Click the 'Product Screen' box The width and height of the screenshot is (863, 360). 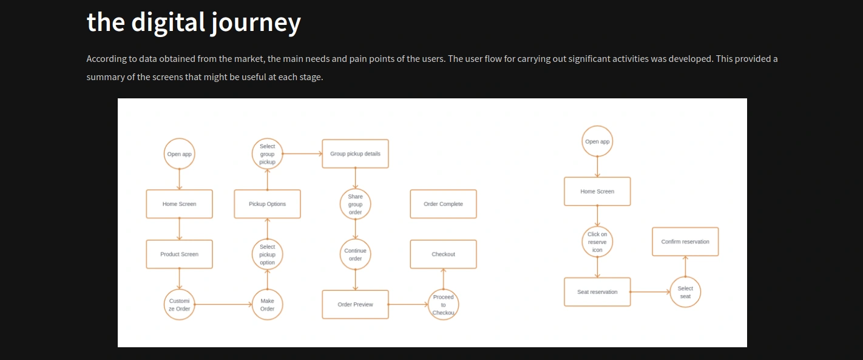[179, 254]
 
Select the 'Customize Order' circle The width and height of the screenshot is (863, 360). [179, 305]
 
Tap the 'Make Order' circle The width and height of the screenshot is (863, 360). [267, 305]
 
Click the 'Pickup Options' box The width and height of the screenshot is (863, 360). [267, 204]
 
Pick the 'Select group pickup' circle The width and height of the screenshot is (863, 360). [267, 154]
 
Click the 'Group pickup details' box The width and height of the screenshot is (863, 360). [355, 154]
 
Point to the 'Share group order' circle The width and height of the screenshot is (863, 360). [355, 204]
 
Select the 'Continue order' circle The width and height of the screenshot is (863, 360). [355, 254]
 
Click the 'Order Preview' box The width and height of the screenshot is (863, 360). [355, 305]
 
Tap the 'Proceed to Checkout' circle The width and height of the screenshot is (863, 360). [443, 305]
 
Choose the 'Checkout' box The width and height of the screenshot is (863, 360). [443, 254]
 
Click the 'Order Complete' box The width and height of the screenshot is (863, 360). [443, 204]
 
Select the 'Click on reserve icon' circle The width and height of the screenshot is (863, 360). [597, 242]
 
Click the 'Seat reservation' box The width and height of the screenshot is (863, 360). [597, 292]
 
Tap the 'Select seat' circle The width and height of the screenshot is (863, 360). [685, 292]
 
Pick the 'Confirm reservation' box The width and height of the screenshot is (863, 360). [685, 242]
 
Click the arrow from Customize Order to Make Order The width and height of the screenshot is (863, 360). [223, 305]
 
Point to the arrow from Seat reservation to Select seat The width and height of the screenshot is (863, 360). [650, 292]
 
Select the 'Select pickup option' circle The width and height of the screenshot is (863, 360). [267, 254]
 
